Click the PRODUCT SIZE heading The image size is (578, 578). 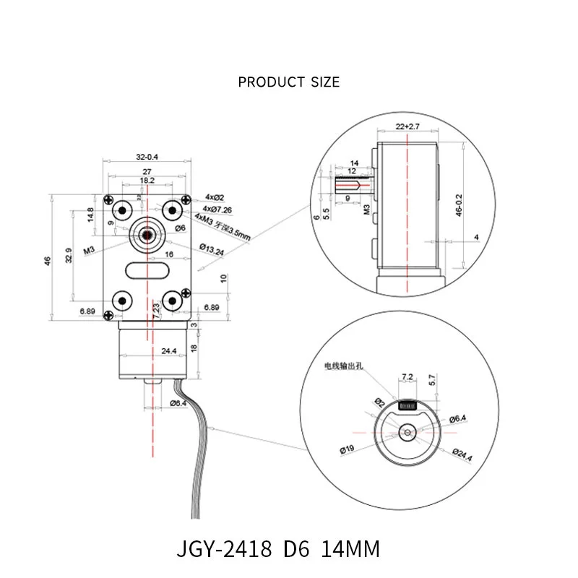coord(288,82)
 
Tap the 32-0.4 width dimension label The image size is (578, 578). coord(147,156)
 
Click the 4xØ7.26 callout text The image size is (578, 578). coord(217,210)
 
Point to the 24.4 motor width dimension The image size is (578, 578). coord(150,352)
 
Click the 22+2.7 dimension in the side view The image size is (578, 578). coord(407,126)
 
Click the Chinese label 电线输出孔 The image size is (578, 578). coord(346,367)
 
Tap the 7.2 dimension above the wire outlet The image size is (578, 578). coord(406,377)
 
